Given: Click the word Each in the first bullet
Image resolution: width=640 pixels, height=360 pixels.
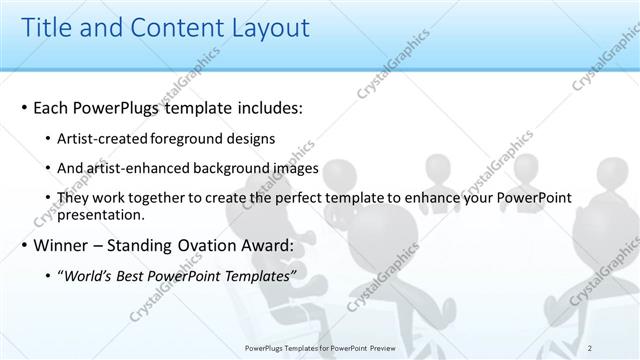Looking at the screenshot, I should (54, 106).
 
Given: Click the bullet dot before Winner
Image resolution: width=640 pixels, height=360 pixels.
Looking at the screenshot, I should (24, 245).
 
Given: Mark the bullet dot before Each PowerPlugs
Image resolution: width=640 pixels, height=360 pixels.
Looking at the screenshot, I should (24, 107).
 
